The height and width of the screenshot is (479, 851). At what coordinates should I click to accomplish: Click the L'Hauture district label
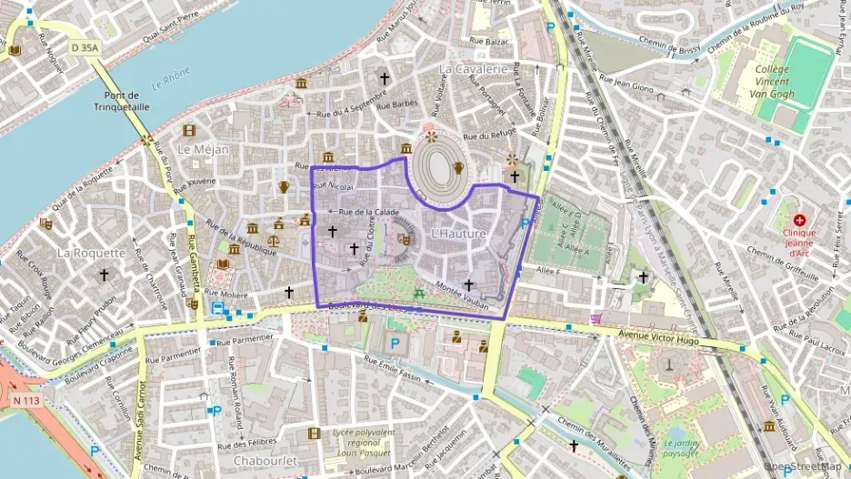pyautogui.click(x=459, y=235)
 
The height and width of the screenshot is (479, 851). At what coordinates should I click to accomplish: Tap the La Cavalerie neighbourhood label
pyautogui.click(x=472, y=68)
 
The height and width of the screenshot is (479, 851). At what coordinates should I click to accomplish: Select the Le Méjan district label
pyautogui.click(x=203, y=149)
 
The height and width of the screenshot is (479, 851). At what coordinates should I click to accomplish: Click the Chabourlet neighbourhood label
pyautogui.click(x=266, y=461)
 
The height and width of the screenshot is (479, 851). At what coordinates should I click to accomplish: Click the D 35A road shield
pyautogui.click(x=85, y=45)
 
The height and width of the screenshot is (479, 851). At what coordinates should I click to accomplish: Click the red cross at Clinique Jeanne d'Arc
pyautogui.click(x=799, y=220)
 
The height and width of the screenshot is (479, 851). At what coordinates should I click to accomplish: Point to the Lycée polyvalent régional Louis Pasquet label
pyautogui.click(x=365, y=442)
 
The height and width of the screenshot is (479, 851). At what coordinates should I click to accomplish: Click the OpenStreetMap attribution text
pyautogui.click(x=805, y=466)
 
